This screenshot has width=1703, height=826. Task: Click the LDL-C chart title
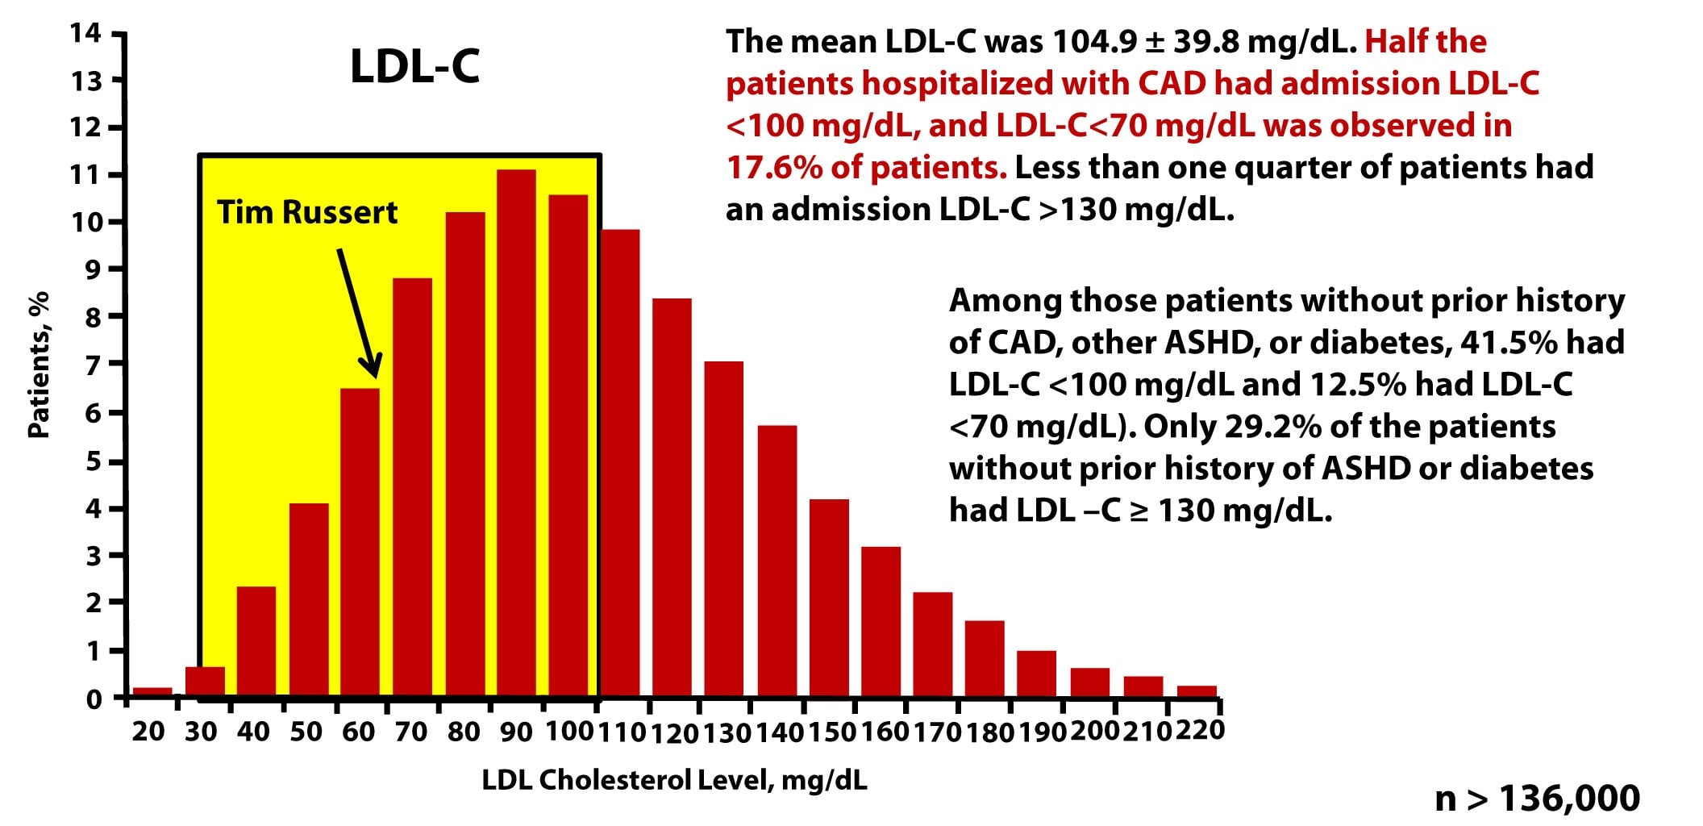click(414, 66)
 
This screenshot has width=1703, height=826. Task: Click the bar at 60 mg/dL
click(360, 540)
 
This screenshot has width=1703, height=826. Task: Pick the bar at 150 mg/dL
click(829, 597)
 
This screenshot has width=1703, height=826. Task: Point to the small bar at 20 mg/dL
click(152, 691)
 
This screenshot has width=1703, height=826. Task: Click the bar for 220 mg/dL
click(1197, 690)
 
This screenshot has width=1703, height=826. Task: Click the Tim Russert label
click(307, 212)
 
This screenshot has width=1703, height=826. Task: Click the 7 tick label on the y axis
click(94, 365)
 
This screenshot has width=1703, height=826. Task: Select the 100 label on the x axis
click(569, 732)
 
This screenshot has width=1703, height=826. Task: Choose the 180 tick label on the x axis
click(989, 732)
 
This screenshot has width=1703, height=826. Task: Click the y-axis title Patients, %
click(38, 365)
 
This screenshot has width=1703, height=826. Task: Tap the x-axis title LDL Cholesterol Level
click(674, 780)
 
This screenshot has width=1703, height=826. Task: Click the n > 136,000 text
click(1537, 798)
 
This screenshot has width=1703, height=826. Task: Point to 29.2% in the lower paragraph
click(1273, 426)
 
